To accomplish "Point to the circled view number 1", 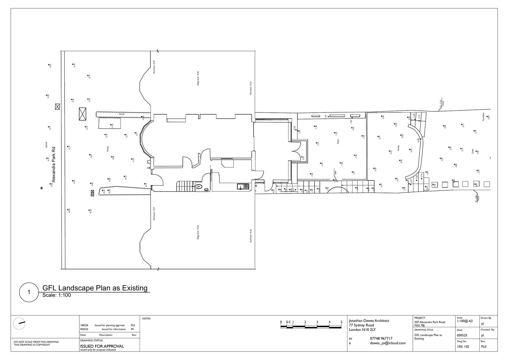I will click(29, 292).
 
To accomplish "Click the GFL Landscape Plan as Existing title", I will click(95, 288).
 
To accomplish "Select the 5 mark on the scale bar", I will click(342, 322).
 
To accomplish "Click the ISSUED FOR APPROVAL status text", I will click(102, 346).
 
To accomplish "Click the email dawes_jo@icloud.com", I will click(388, 343).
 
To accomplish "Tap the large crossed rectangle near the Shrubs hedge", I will click(83, 114).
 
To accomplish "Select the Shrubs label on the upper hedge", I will click(121, 114).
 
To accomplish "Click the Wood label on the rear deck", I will click(338, 142).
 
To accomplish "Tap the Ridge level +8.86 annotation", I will click(198, 78).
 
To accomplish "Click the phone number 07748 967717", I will click(381, 338).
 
